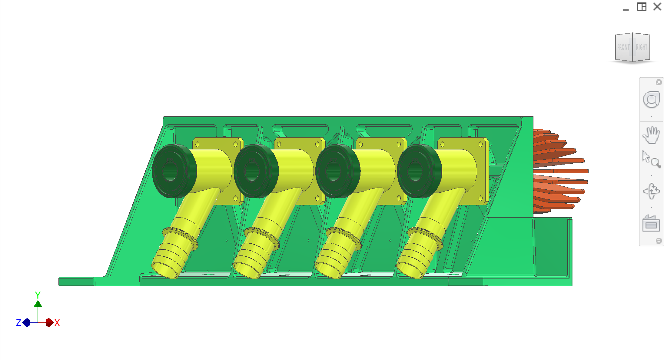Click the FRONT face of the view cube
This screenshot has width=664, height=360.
(623, 47)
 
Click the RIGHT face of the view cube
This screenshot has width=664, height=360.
(641, 47)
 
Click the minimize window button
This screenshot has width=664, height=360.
(626, 7)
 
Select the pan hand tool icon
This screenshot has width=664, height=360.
(651, 135)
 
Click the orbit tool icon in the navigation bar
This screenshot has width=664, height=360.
(651, 191)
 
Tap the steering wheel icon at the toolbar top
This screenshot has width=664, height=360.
(651, 100)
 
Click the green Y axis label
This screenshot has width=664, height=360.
(38, 295)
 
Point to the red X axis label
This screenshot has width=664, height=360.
(57, 323)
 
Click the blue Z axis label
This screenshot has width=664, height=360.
(18, 323)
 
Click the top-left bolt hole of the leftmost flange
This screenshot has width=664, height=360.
(198, 145)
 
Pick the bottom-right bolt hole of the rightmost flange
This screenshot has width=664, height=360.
(480, 198)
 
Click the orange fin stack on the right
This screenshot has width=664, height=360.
(557, 171)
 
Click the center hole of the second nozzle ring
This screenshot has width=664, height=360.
(252, 172)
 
